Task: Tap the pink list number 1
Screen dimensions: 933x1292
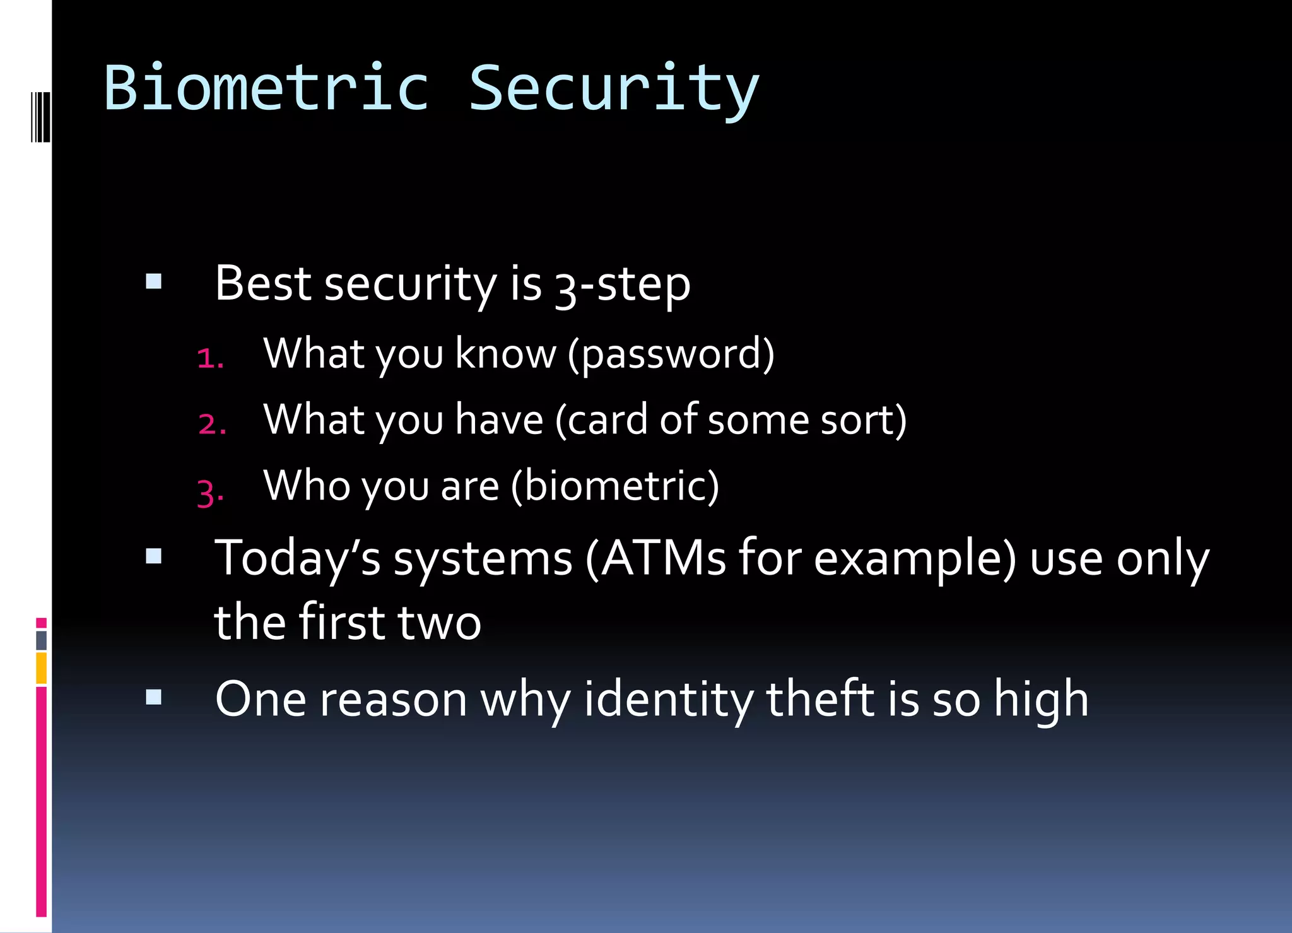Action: point(210,359)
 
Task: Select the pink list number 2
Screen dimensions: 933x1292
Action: point(212,424)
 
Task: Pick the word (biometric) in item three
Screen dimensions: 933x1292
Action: point(614,486)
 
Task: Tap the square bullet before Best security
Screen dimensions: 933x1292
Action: point(154,281)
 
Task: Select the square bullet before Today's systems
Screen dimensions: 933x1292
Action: point(154,556)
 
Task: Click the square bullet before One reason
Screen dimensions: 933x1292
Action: point(154,697)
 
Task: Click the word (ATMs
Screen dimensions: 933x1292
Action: point(655,559)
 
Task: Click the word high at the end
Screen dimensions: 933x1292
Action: point(1041,700)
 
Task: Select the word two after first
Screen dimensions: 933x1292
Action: point(439,623)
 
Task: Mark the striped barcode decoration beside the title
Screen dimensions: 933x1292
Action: point(40,117)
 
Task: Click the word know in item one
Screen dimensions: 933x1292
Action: point(505,355)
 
